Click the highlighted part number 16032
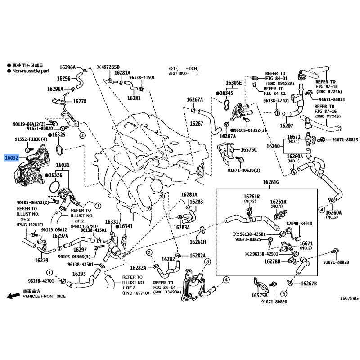12,158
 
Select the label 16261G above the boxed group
271,182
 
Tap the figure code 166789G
349,298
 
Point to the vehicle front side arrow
13,296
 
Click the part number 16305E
234,83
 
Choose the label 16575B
260,295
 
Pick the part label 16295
79,274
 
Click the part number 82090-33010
299,223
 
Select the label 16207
287,126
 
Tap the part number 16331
112,222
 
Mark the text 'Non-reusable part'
31,71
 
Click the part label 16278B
272,261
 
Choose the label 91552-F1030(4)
31,139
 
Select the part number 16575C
249,150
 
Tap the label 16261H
198,242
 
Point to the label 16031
63,165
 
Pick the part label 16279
41,260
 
